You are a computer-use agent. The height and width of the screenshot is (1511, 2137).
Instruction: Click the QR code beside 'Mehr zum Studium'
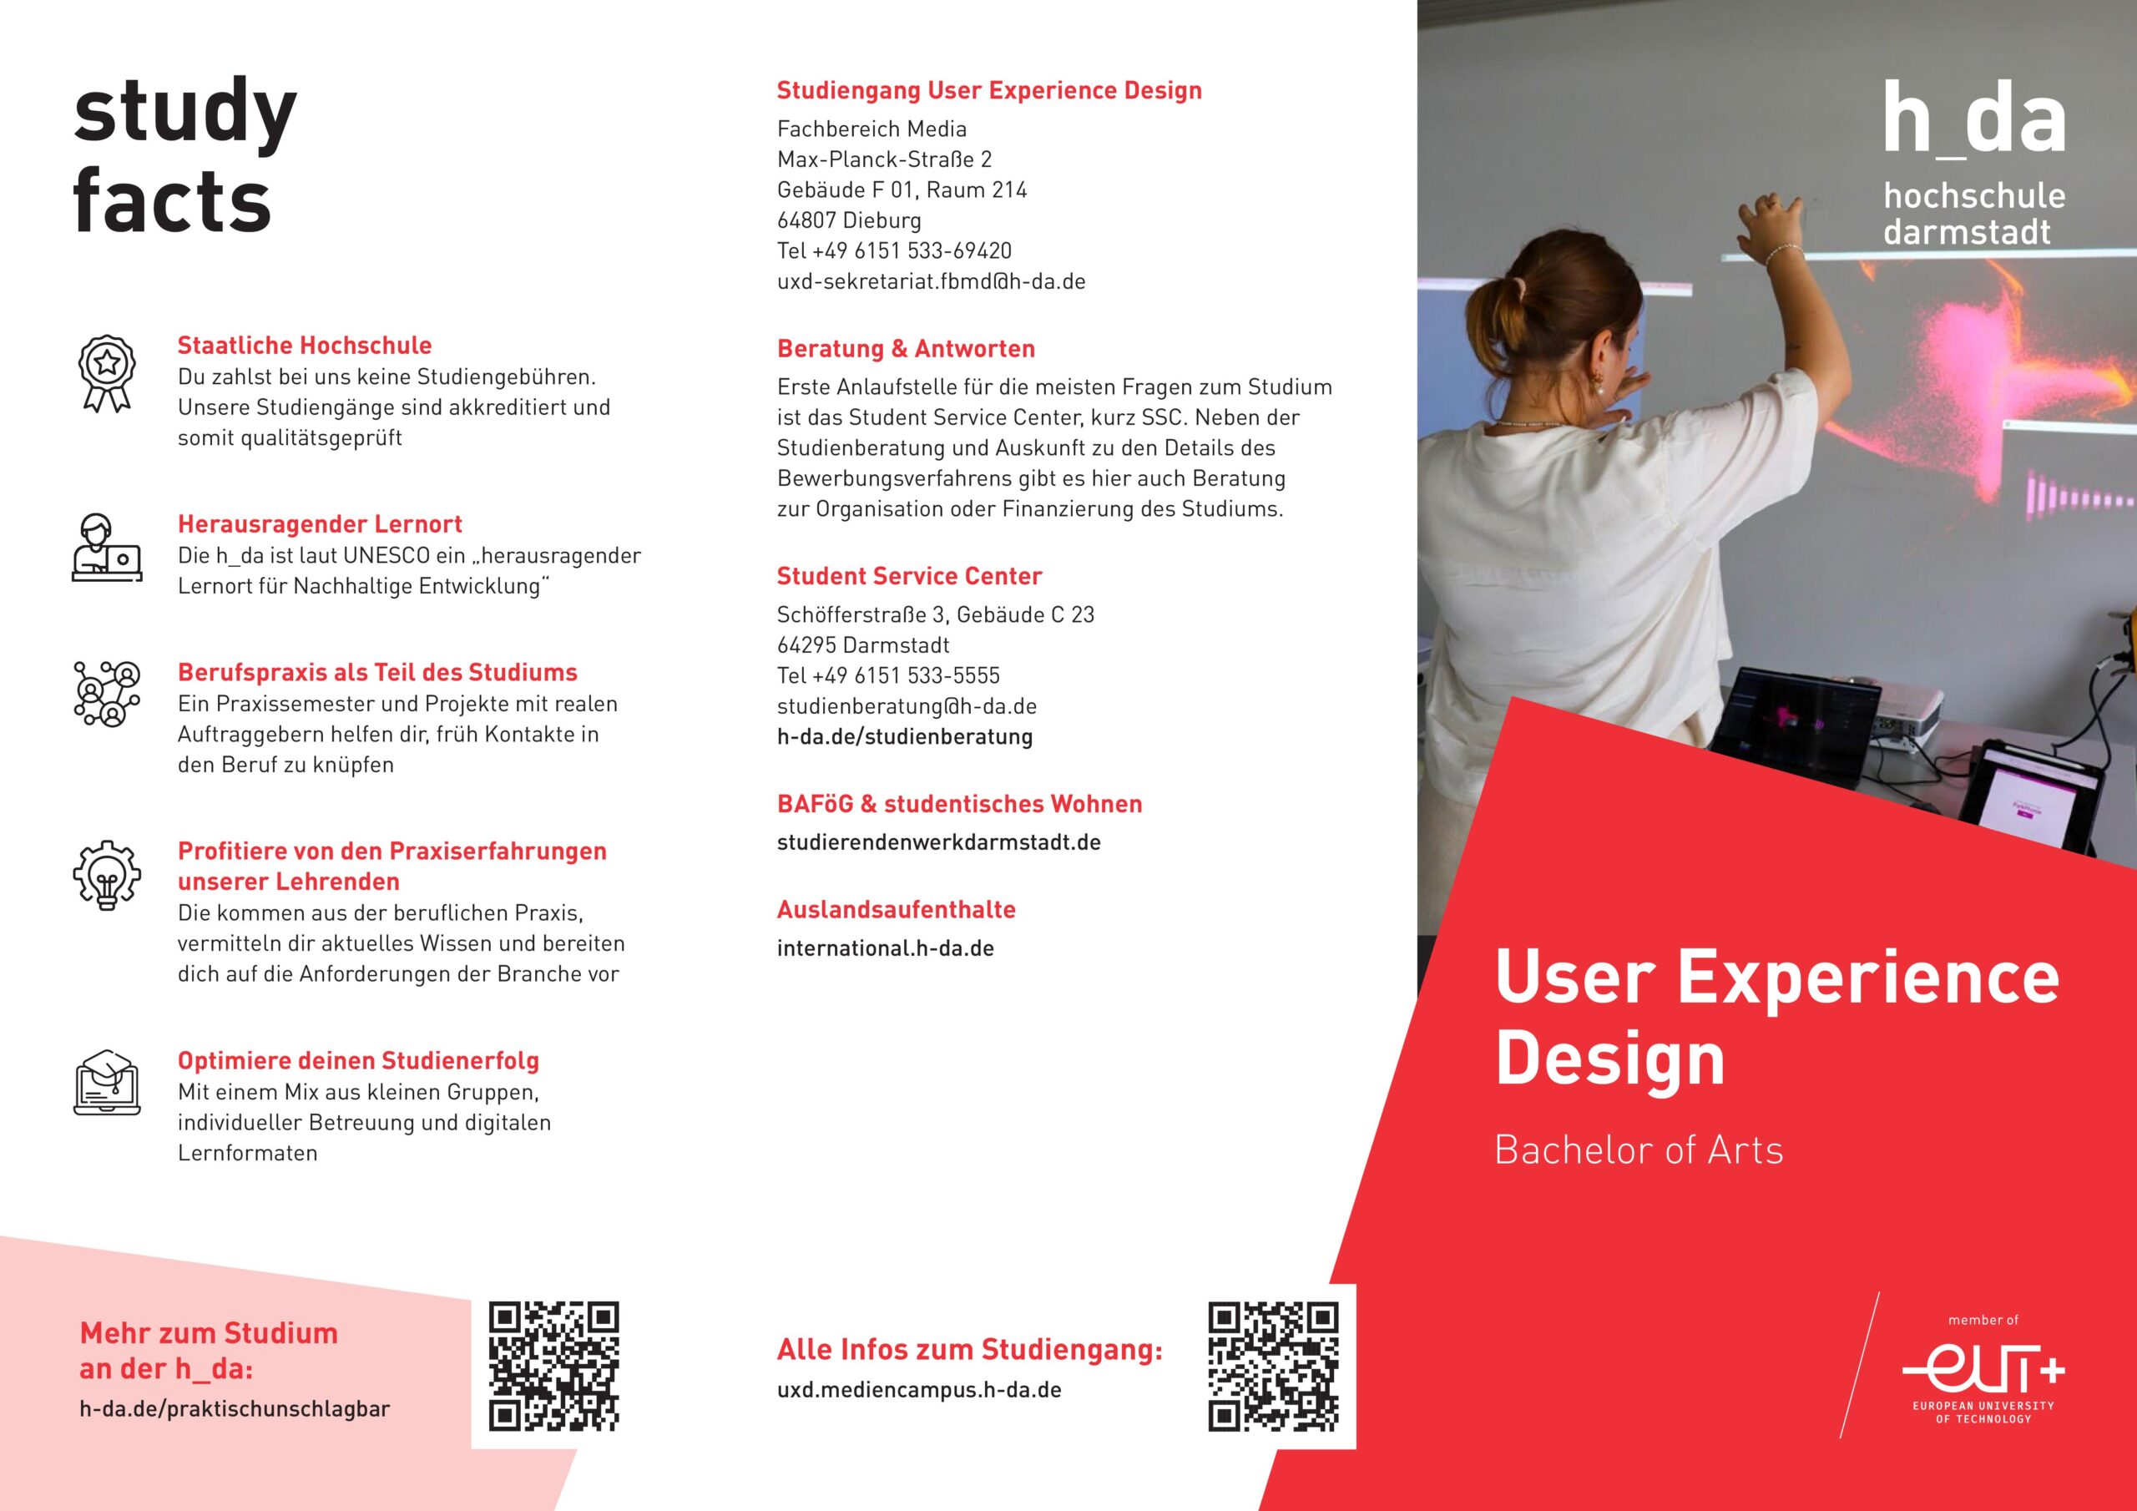(x=553, y=1366)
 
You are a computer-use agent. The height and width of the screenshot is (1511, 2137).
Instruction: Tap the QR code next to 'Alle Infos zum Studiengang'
(x=1273, y=1366)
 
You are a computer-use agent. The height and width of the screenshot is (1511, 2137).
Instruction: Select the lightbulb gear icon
(x=107, y=874)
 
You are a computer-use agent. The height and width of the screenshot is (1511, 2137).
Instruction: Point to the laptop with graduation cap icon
(x=107, y=1082)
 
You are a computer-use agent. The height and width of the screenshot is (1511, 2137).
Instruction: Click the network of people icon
(x=107, y=694)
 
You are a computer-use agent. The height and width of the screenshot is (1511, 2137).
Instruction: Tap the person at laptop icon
(x=107, y=548)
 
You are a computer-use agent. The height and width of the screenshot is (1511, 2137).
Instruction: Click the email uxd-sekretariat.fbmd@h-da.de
(x=931, y=281)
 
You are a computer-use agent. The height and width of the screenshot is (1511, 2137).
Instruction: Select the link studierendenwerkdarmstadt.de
(x=938, y=842)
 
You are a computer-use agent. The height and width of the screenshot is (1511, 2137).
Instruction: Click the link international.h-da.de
(x=885, y=948)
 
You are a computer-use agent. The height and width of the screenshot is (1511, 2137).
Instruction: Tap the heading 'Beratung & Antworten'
(x=906, y=349)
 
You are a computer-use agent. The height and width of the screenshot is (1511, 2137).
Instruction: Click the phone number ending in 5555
(x=888, y=675)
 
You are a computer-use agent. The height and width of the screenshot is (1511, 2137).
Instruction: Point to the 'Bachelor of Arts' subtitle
(x=1638, y=1150)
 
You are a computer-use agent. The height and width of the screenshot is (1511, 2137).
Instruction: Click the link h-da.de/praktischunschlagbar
(x=235, y=1409)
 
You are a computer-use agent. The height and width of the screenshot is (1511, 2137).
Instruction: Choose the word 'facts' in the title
(x=172, y=200)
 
